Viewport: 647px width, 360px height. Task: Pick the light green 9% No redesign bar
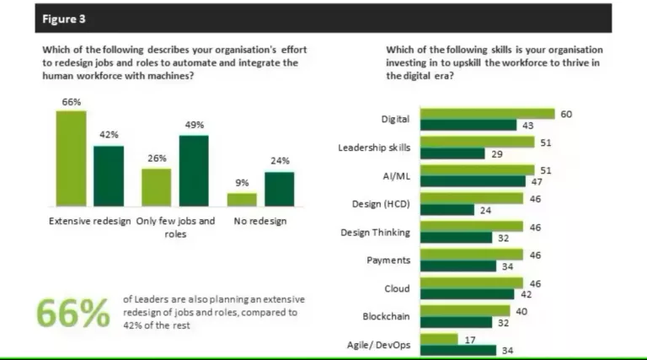242,199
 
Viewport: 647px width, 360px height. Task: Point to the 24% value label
280,160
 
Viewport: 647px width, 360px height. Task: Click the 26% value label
157,158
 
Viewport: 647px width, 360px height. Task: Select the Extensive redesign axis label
88,221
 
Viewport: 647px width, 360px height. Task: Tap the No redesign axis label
260,221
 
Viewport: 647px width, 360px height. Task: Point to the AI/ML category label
395,176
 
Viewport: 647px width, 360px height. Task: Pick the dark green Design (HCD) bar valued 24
446,210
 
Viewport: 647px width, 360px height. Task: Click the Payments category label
388,261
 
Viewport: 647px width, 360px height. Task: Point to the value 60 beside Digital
566,113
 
